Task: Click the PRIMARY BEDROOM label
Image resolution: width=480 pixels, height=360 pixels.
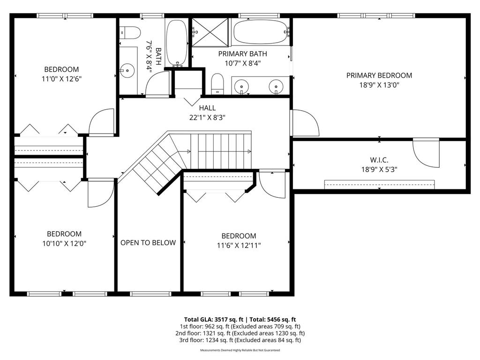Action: pos(379,75)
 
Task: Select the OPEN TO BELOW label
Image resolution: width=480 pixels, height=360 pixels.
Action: pos(148,243)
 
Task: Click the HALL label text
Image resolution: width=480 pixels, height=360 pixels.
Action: pos(208,108)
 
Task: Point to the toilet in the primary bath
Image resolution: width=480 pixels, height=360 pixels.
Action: pos(217,84)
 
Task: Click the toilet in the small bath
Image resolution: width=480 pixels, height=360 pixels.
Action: pos(130,32)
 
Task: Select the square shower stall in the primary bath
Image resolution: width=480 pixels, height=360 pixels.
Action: pos(210,32)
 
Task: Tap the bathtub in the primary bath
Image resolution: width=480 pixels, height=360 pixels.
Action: pos(261,32)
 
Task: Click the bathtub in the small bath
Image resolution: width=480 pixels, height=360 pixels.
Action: pos(177,42)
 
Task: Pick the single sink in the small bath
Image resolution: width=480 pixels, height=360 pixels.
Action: pos(127,71)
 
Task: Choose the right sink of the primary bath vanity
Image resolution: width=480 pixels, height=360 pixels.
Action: pos(276,86)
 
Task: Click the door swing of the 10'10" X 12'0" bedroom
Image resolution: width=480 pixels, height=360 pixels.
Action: pos(101,193)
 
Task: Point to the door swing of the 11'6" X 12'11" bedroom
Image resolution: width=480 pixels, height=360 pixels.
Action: pos(271,183)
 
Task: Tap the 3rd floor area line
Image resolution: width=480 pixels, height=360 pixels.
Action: pos(240,340)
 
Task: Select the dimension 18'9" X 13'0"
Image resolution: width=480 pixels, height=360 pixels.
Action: pos(379,85)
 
